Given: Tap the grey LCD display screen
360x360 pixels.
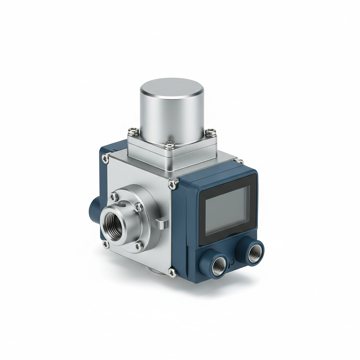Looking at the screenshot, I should click(x=227, y=210).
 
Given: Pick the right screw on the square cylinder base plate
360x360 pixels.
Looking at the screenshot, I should click(x=210, y=133).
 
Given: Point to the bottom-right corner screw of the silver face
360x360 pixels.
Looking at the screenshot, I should click(x=172, y=271).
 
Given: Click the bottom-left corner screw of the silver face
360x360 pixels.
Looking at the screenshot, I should click(x=105, y=243).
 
